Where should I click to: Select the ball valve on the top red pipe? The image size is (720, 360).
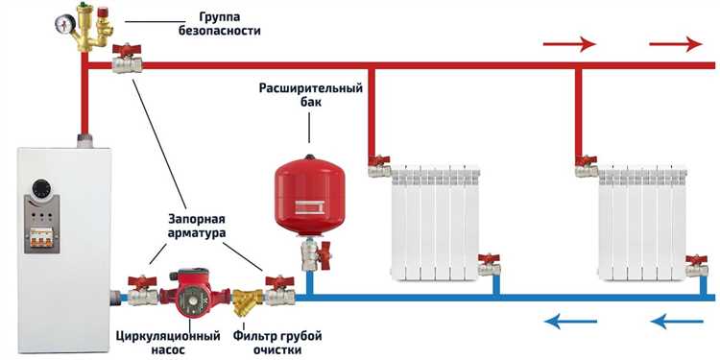pyautogui.click(x=127, y=62)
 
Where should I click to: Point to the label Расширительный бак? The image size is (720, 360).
pyautogui.click(x=310, y=96)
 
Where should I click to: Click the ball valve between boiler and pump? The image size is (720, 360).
pyautogui.click(x=144, y=288)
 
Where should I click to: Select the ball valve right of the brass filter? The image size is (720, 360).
pyautogui.click(x=279, y=288)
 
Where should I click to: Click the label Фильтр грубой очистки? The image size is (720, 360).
pyautogui.click(x=277, y=344)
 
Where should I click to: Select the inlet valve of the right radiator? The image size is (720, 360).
pyautogui.click(x=586, y=167)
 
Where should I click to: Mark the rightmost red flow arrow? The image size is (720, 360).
pyautogui.click(x=675, y=44)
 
